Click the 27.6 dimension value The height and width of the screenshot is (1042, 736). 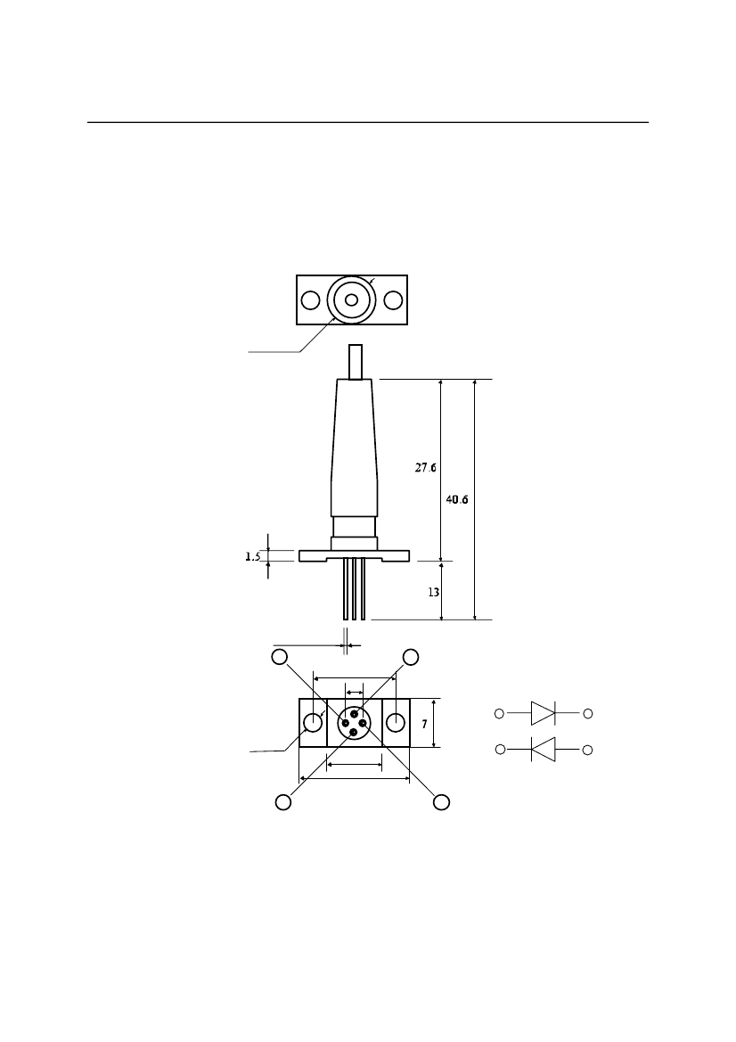(x=426, y=468)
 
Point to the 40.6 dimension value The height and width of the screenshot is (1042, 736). (x=457, y=500)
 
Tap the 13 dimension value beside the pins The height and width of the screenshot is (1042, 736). (x=434, y=592)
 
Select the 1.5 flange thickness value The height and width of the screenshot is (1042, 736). (x=252, y=557)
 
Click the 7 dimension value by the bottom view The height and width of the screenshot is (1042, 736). (x=424, y=724)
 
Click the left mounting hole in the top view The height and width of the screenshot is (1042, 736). (x=310, y=300)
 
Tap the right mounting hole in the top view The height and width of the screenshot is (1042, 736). (x=393, y=300)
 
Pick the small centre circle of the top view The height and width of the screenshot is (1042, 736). (x=351, y=300)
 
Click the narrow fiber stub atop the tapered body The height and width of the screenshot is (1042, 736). (x=356, y=362)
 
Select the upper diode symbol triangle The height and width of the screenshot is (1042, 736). (x=542, y=714)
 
